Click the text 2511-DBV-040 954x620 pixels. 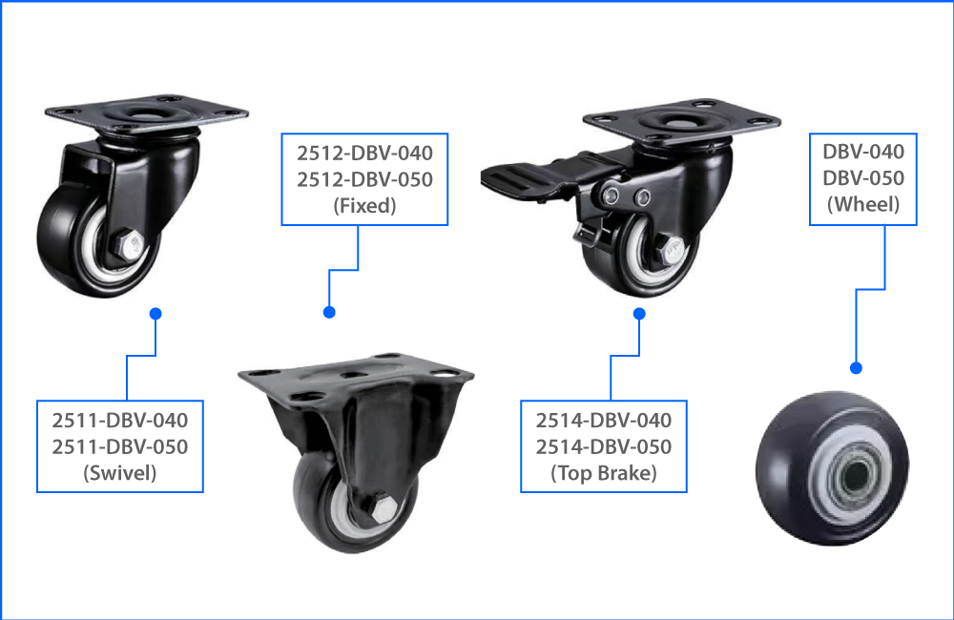[x=120, y=420]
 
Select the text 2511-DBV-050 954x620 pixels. [x=120, y=446]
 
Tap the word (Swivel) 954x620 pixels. [x=120, y=472]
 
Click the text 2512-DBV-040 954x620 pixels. [x=364, y=153]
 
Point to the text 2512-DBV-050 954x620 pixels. [x=364, y=179]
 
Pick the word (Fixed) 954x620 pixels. [x=364, y=205]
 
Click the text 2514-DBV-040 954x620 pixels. [x=604, y=420]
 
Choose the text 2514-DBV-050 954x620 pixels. [x=604, y=446]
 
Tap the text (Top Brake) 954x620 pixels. [x=604, y=472]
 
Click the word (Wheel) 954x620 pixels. [x=863, y=203]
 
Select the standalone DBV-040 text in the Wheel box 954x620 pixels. [x=863, y=151]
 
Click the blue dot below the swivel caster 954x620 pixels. [x=156, y=313]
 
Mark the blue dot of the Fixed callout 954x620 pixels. [x=329, y=312]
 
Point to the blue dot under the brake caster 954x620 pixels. [x=640, y=313]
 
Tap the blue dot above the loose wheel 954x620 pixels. [x=856, y=367]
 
